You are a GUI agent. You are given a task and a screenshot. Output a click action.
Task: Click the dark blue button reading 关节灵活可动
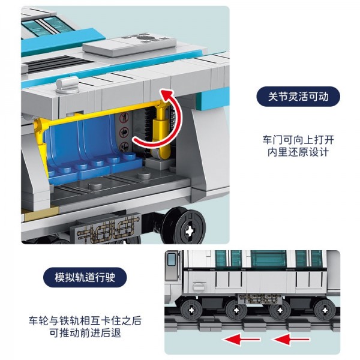point(298,97)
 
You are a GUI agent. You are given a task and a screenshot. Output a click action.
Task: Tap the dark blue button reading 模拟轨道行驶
point(85,278)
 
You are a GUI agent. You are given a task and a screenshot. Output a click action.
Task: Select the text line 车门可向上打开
point(298,139)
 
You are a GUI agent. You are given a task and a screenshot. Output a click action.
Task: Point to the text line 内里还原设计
point(298,152)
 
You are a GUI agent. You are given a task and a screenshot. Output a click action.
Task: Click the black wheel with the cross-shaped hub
point(191,229)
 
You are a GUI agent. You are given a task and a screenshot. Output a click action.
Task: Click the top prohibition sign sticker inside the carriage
point(124,118)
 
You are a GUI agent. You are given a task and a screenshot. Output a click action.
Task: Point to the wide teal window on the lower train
point(270,259)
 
